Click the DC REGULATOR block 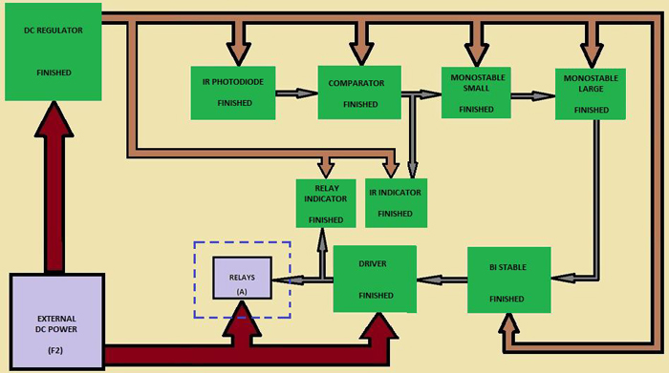[x=53, y=52]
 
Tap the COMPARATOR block [x=357, y=93]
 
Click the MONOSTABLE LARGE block [x=592, y=93]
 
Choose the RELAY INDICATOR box [x=326, y=203]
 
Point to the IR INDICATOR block [x=395, y=201]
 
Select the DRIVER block [x=374, y=279]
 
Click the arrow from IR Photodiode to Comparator [x=296, y=93]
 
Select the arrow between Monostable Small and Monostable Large [x=532, y=94]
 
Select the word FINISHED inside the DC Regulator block [x=53, y=73]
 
